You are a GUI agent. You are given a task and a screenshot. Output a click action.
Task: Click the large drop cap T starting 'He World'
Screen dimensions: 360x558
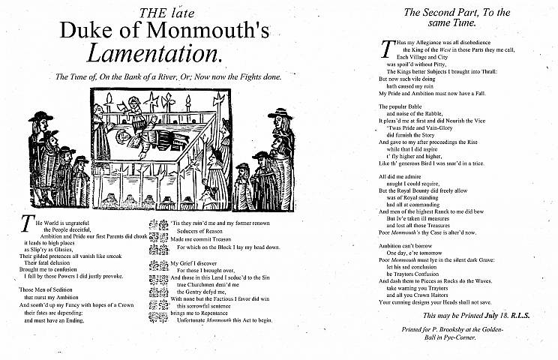[x=28, y=223]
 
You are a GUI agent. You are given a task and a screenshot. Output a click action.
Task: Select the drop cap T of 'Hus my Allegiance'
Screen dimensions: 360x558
[x=386, y=49]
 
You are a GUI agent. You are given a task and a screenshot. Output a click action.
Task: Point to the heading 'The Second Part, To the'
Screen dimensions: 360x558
[x=456, y=13]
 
